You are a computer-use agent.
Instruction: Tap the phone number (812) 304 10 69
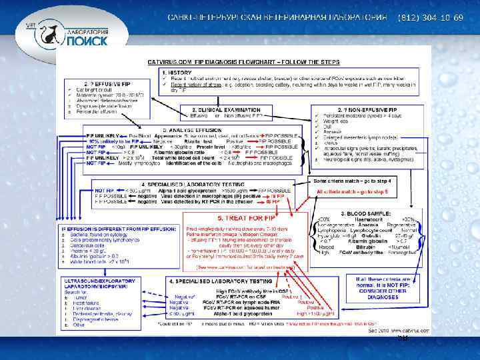pyautogui.click(x=430, y=16)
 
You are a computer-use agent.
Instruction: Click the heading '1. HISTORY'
pyautogui.click(x=174, y=71)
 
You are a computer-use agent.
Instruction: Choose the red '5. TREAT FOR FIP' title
pyautogui.click(x=223, y=218)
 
